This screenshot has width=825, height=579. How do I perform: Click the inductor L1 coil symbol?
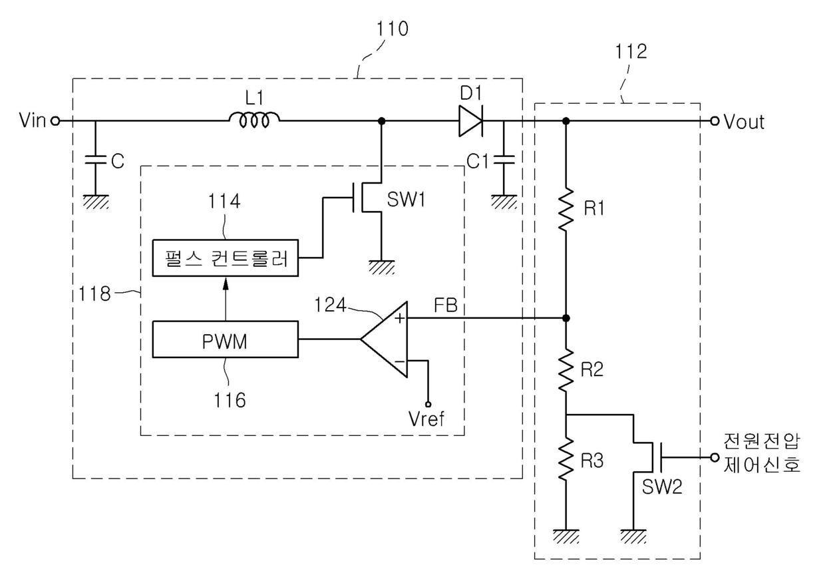254,120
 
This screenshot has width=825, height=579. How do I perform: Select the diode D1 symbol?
470,121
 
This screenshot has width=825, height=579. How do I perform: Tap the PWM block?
226,339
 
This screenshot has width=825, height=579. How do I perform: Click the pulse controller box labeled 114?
226,258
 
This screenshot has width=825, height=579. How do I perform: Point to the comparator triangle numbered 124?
385,339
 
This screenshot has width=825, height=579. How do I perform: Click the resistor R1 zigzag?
566,209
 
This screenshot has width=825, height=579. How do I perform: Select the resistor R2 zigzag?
566,369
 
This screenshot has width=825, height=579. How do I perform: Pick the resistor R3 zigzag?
566,458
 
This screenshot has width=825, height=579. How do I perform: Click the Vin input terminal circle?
55,121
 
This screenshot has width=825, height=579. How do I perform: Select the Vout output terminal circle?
715,121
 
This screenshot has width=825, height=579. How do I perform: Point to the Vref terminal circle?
428,404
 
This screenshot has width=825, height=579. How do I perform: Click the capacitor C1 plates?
504,160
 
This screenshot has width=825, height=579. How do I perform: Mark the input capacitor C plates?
95,160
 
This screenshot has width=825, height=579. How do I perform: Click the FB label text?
446,305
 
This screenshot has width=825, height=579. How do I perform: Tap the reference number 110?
392,29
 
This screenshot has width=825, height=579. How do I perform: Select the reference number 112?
631,51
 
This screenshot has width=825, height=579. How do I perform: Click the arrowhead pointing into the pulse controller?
226,284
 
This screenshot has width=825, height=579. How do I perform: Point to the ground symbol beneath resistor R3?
566,536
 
